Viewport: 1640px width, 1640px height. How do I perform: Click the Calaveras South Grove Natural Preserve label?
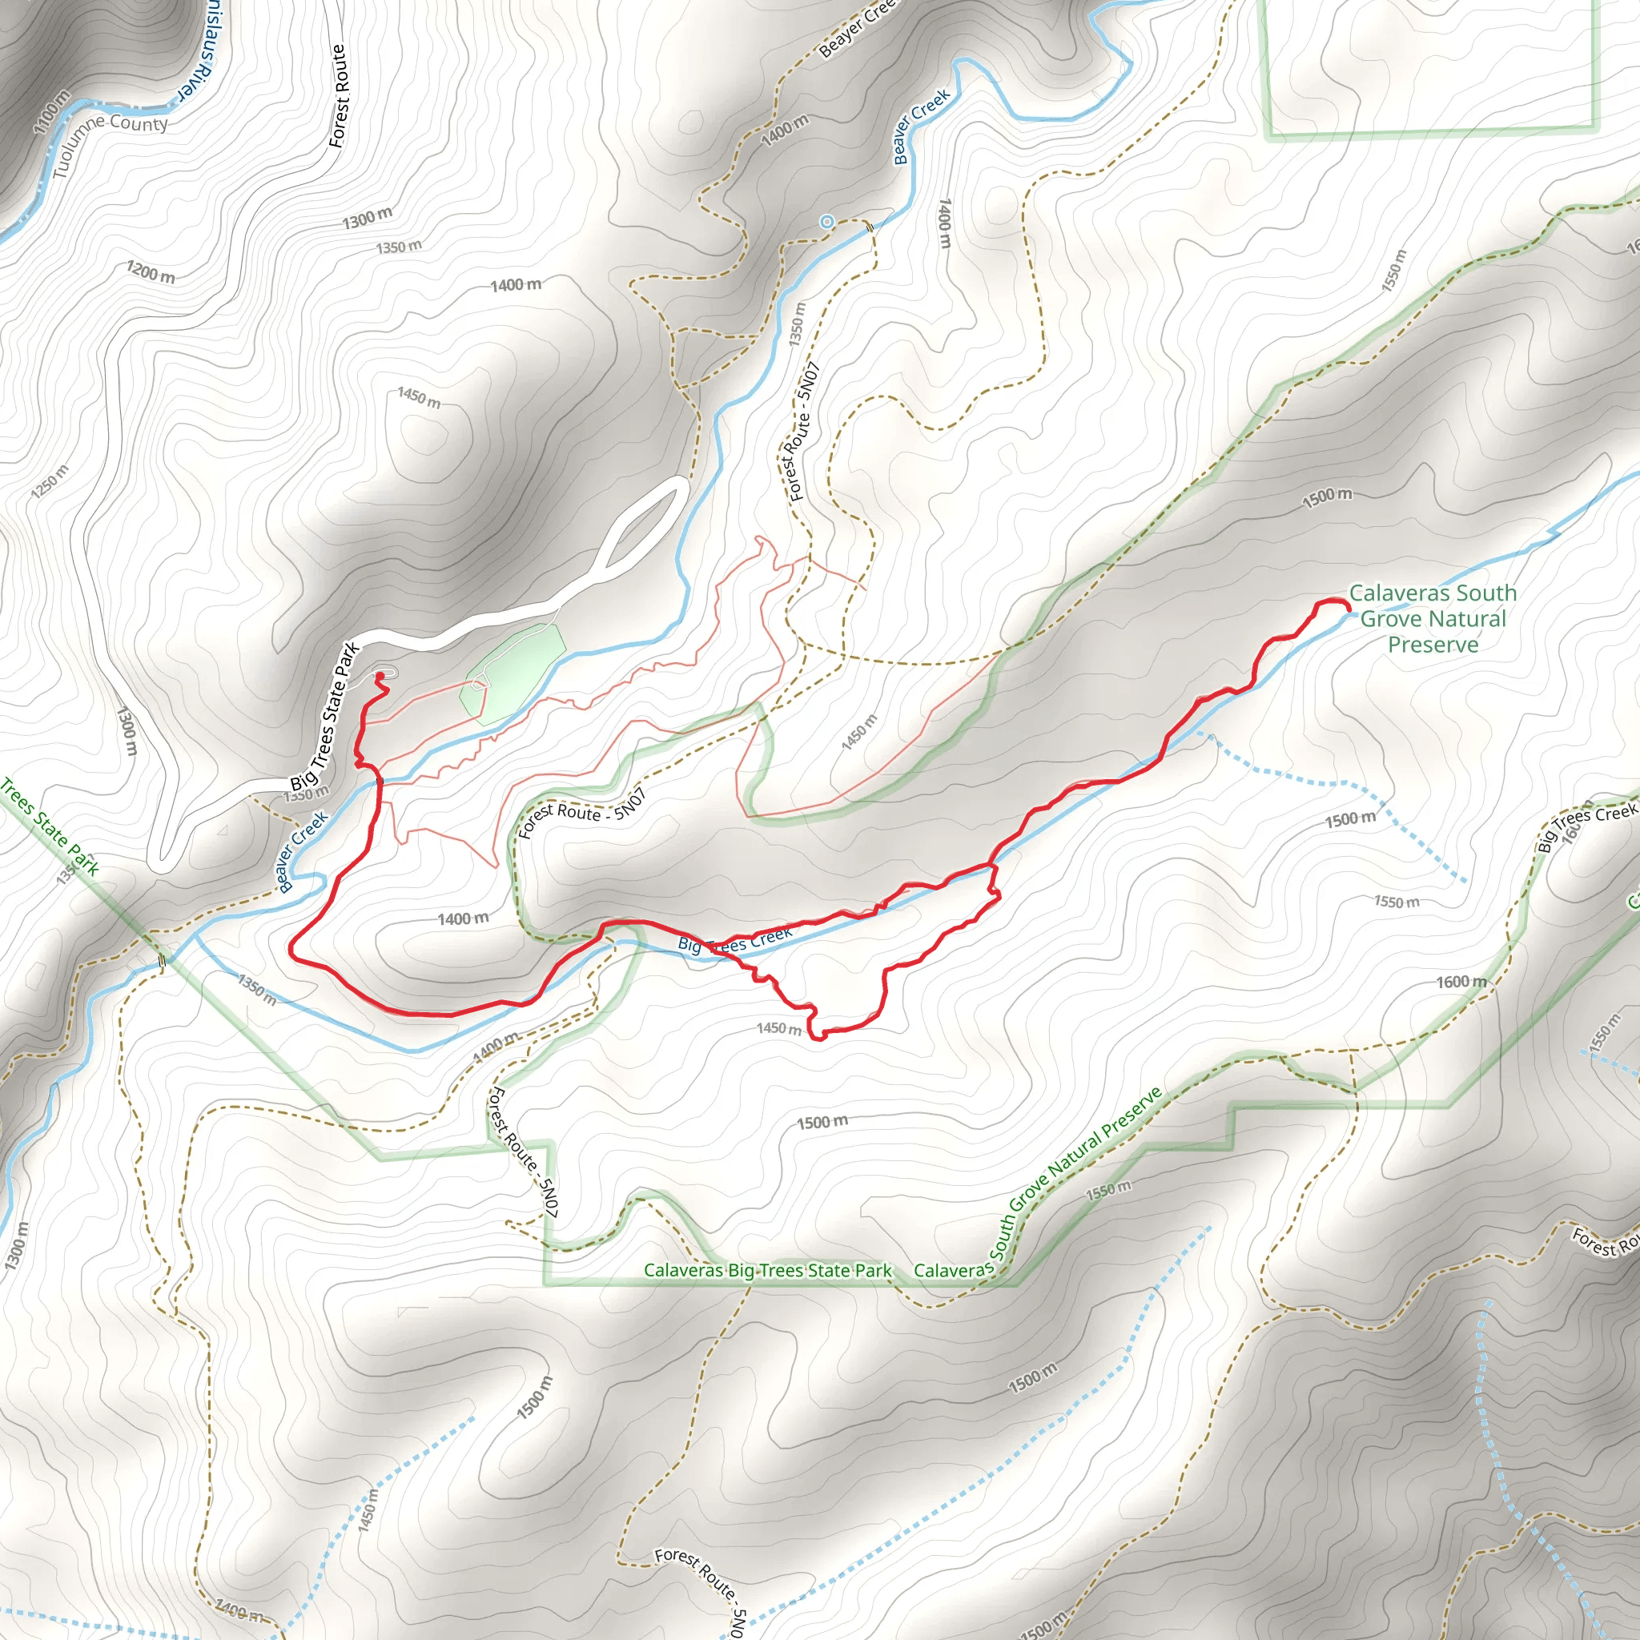coord(1432,618)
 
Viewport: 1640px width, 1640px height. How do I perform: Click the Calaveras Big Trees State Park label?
coord(767,1271)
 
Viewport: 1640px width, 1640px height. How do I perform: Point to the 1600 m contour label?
coord(1461,982)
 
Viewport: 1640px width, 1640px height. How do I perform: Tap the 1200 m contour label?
coord(151,272)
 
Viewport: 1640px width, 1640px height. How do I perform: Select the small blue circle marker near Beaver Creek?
coord(826,222)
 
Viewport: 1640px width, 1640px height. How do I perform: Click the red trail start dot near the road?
coord(380,676)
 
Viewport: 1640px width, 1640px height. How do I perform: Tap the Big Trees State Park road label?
coord(325,717)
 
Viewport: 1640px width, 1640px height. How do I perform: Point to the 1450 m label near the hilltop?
coord(419,396)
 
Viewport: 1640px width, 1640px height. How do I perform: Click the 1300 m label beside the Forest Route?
coord(367,218)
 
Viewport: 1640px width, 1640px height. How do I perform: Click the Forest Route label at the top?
coord(338,96)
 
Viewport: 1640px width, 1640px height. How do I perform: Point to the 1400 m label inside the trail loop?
coord(463,918)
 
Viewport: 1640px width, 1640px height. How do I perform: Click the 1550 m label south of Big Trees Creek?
coord(1397,902)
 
